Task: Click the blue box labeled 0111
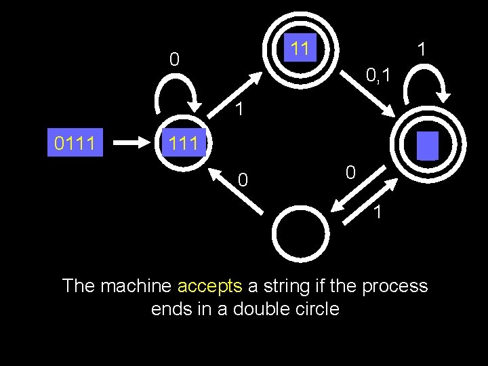75,142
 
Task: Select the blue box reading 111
184,142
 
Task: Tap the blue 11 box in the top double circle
300,48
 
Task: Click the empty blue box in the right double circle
428,146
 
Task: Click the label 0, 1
378,74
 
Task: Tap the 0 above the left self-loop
174,60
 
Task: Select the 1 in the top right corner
422,49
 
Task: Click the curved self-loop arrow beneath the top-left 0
177,95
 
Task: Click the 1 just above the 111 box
239,108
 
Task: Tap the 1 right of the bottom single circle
378,212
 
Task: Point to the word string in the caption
281,286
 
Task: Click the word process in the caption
394,286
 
